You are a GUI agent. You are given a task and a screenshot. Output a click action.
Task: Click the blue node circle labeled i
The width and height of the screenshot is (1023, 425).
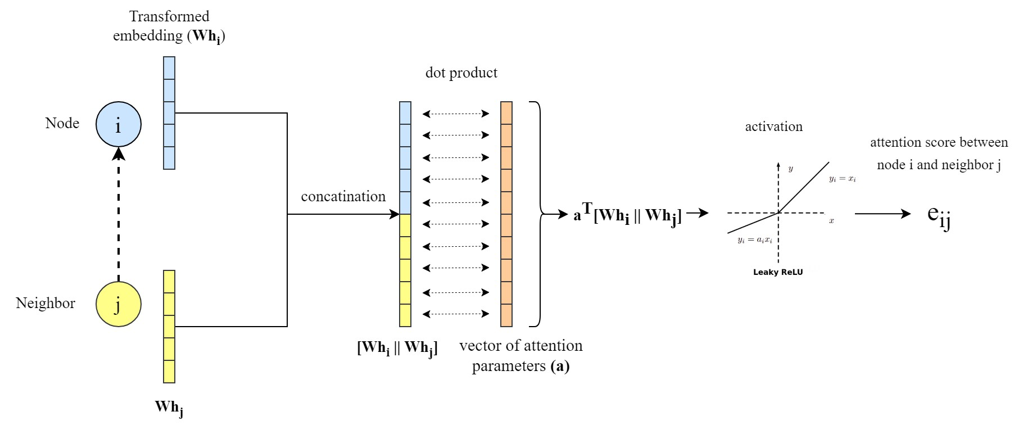tap(118, 124)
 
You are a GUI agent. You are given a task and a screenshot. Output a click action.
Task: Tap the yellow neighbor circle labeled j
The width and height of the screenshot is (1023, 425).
tap(118, 304)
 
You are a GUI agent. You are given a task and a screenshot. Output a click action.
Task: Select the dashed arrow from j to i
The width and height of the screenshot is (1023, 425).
tap(119, 214)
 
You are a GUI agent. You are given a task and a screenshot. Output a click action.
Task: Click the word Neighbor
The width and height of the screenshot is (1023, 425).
tap(46, 304)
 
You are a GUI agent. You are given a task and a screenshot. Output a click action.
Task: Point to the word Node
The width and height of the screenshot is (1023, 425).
tap(62, 123)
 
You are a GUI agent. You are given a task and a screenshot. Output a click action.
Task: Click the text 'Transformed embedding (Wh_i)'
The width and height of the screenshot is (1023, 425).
tap(169, 26)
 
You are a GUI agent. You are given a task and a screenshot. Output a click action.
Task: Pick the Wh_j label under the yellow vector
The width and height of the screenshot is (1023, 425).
tap(169, 408)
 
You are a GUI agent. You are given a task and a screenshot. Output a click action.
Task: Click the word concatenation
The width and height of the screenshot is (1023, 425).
tap(343, 197)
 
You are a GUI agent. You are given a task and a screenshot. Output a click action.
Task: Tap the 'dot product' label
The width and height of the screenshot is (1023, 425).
tap(461, 73)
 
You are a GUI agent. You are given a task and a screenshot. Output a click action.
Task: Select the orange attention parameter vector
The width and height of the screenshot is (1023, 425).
tap(506, 214)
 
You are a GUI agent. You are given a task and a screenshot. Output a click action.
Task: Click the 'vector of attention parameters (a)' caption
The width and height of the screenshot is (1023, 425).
tap(520, 356)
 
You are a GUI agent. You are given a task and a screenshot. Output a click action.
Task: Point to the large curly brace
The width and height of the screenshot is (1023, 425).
tap(538, 214)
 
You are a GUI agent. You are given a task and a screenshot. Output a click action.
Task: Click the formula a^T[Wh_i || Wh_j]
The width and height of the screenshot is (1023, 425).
tap(627, 215)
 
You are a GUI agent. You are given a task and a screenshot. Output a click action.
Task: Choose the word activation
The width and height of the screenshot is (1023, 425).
tap(773, 126)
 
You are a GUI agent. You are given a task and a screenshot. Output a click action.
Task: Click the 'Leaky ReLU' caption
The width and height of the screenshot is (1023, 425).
tap(778, 272)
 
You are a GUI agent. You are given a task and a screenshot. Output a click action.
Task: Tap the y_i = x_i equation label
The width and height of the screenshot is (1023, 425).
tap(842, 179)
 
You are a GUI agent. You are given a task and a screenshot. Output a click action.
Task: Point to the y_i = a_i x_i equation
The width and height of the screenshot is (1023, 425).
tap(755, 240)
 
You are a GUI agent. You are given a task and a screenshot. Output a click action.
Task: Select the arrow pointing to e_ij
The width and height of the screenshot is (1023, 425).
tap(882, 214)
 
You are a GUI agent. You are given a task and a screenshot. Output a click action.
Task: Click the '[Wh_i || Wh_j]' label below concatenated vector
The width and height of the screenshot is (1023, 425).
tap(397, 348)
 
